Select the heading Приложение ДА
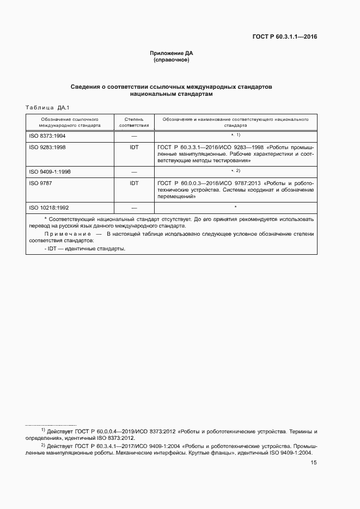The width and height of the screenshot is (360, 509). coord(172,53)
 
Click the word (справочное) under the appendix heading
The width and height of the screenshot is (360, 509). coord(172,60)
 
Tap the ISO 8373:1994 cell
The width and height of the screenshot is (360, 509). coord(47,135)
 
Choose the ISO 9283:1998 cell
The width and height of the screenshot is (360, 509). coord(47,147)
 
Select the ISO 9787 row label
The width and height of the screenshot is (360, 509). coord(38,183)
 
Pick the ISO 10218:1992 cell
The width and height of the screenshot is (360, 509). coord(48,208)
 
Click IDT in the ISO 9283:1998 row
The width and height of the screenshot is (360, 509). coord(134,147)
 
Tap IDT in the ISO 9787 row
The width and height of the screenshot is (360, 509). coord(134,183)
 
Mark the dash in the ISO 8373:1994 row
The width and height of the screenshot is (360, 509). coord(134,136)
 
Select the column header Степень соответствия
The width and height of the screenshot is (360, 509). coord(134,121)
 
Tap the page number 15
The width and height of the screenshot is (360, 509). coord(314,463)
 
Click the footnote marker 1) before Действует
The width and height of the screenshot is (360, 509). coord(43,430)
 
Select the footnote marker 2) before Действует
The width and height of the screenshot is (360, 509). coord(43,445)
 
